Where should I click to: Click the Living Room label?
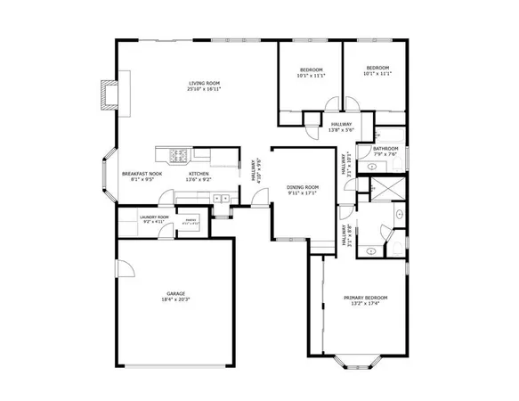pos(204,83)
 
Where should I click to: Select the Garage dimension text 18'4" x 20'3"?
pos(176,299)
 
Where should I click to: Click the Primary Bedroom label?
pos(366,298)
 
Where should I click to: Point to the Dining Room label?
pos(303,186)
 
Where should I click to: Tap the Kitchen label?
pos(199,174)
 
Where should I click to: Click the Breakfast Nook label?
pos(143,174)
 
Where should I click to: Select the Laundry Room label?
pos(154,217)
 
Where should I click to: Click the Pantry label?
pos(190,218)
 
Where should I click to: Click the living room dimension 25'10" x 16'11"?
pos(204,89)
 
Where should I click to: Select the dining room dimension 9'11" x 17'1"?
pos(303,192)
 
